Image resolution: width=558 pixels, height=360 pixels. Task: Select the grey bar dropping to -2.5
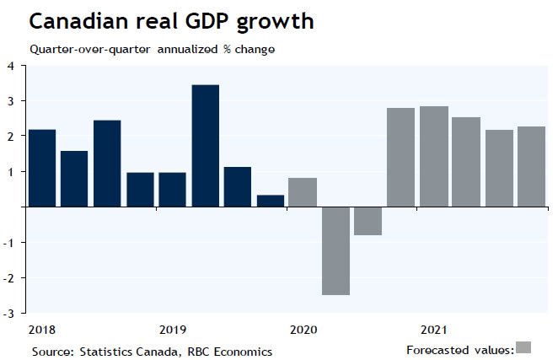335,250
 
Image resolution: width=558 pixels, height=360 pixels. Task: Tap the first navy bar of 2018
42,168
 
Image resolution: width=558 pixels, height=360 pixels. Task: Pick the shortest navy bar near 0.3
271,201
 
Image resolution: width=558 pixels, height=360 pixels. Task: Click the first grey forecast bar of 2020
303,192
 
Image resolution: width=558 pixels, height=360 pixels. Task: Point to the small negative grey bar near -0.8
368,221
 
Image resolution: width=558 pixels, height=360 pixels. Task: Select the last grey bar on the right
531,166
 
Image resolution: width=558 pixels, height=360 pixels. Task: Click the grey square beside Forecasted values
523,347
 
